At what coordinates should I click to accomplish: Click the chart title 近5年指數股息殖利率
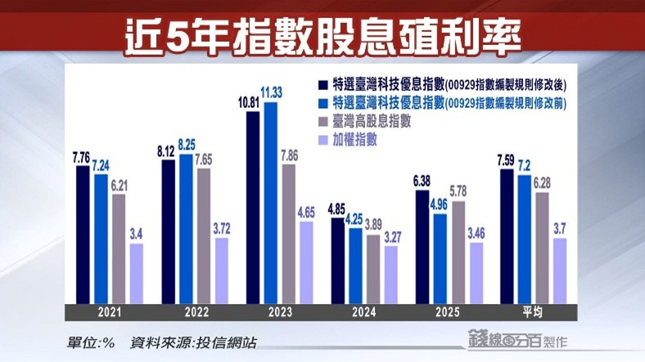[x=322, y=35]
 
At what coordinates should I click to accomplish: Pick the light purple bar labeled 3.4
[x=136, y=273]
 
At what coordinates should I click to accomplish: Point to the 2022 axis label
[x=195, y=311]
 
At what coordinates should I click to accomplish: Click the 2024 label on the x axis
[x=366, y=311]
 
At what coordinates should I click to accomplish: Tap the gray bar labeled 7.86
[x=289, y=233]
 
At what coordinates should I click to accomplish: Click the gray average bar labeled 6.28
[x=541, y=247]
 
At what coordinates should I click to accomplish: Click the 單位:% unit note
[x=92, y=343]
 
